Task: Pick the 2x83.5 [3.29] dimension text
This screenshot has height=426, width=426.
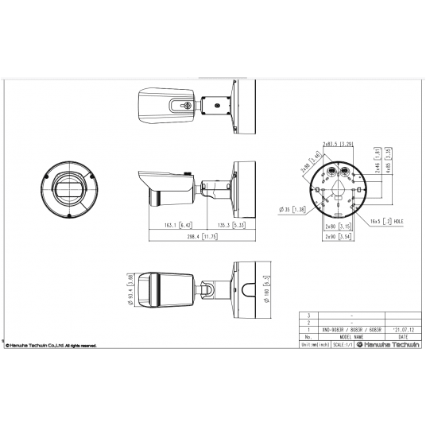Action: tap(338, 144)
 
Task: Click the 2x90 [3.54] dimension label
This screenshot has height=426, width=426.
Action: tap(338, 236)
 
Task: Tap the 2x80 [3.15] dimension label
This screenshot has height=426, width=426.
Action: tap(338, 227)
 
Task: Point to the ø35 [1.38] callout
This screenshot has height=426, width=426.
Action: tap(293, 209)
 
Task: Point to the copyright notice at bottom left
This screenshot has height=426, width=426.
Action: tap(52, 346)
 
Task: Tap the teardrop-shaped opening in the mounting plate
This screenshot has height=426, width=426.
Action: tap(338, 189)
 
